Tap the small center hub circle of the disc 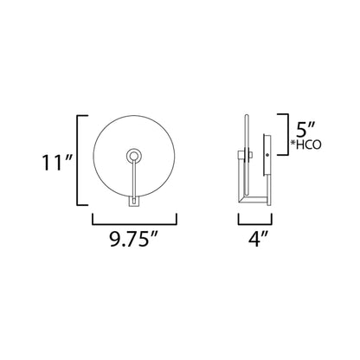(x=134, y=156)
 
